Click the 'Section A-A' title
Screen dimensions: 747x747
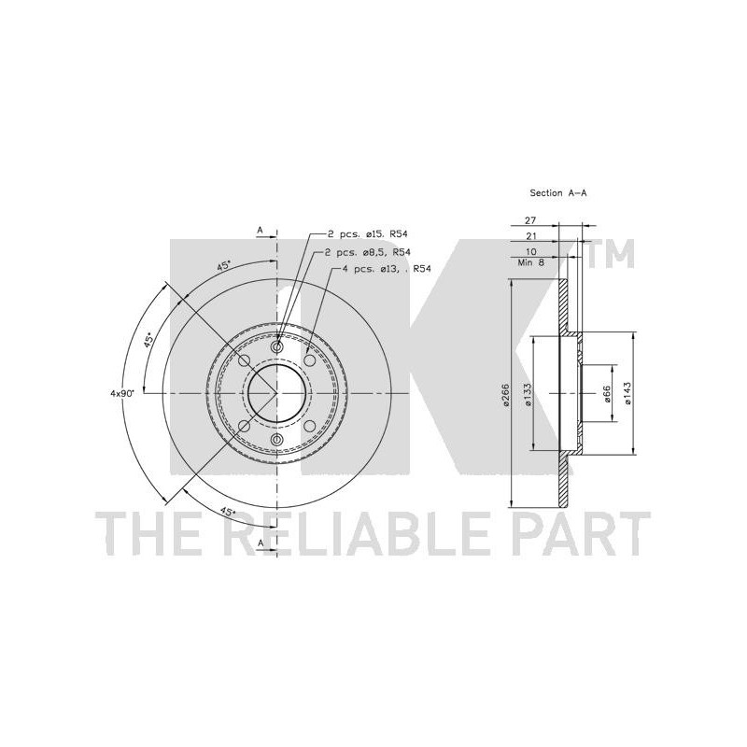[557, 193]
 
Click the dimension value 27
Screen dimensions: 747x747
[530, 220]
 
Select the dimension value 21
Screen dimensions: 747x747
[530, 236]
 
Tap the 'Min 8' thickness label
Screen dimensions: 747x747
[530, 262]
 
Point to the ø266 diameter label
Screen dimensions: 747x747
[506, 395]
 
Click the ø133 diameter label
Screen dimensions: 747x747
[528, 395]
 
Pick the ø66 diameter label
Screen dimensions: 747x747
[607, 394]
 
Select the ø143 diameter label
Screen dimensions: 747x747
[627, 393]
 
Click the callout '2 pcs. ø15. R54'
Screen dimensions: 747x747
[368, 234]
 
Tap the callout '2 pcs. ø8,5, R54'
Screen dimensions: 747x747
[368, 252]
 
